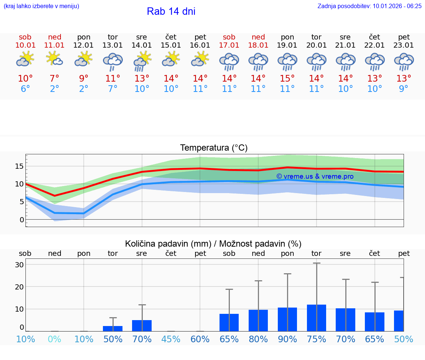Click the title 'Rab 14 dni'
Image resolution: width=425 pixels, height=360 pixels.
click(171, 11)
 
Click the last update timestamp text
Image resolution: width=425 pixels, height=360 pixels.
click(369, 6)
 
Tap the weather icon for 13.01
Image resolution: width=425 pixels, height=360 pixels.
click(113, 61)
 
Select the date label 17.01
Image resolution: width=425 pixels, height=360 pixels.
click(229, 45)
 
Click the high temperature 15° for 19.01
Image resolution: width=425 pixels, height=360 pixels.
click(287, 79)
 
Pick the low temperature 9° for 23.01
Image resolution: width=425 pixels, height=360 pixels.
click(404, 89)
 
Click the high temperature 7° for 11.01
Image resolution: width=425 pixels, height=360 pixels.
click(54, 79)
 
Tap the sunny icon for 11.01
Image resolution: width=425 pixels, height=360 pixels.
click(54, 59)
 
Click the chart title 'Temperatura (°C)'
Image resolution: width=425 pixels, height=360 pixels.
click(214, 148)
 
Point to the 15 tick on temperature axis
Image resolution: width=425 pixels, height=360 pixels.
click(19, 166)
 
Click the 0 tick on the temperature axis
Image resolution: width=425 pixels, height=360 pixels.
click(21, 220)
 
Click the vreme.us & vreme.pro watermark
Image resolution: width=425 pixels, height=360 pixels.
click(315, 176)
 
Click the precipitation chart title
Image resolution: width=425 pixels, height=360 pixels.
click(213, 244)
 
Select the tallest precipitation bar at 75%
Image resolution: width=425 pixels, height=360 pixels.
click(316, 318)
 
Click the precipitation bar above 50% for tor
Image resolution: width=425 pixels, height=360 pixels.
click(113, 328)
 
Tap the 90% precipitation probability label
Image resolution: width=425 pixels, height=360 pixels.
click(287, 339)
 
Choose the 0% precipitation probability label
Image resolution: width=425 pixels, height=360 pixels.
click(54, 339)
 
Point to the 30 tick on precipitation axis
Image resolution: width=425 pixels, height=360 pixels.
click(19, 265)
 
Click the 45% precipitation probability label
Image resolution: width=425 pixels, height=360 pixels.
click(171, 339)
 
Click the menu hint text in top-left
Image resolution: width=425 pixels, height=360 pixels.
click(41, 6)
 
